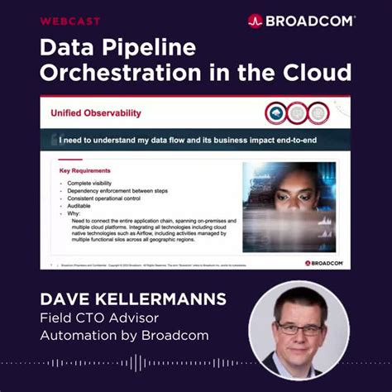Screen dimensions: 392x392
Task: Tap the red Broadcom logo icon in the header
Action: [255, 21]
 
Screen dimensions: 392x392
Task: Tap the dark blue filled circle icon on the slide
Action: [275, 112]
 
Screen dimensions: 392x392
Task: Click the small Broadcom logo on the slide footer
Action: [324, 263]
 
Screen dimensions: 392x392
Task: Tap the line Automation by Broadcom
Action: [125, 336]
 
